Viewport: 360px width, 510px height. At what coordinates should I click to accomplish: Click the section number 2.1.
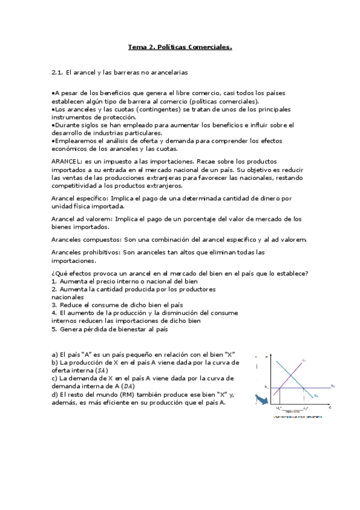[x=57, y=72]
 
